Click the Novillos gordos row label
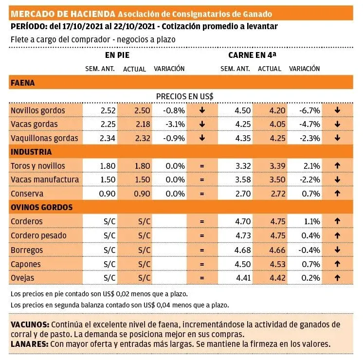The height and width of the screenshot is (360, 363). [x=38, y=110]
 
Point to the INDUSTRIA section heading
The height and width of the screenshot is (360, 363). [x=31, y=152]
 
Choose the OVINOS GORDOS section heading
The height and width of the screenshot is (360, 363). [x=41, y=207]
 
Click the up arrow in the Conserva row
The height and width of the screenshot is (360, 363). [x=337, y=193]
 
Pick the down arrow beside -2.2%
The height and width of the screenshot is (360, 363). [x=337, y=180]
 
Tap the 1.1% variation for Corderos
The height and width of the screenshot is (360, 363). [x=310, y=221]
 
